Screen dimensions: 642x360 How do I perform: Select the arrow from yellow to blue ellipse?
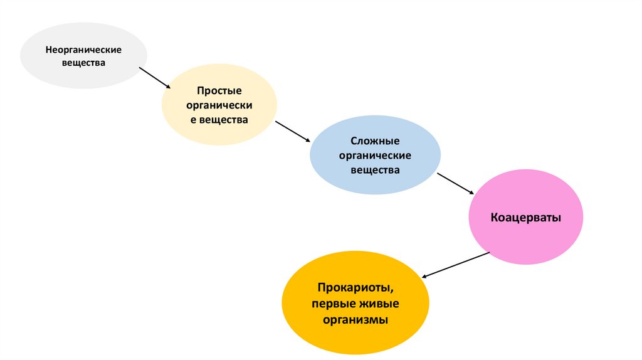pos(293,131)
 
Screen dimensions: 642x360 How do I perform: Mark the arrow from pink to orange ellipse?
pos(456,265)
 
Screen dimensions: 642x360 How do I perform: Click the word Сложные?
pos(375,142)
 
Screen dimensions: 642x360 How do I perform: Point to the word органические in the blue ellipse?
pos(375,156)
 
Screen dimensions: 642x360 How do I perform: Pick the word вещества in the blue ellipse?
pos(375,169)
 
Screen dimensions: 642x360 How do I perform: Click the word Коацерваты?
pos(526,218)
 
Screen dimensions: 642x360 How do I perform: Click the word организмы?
pos(355,319)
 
